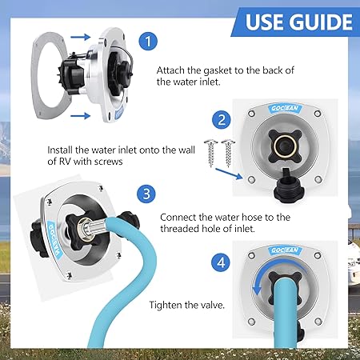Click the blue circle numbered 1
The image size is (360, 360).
[x=148, y=41]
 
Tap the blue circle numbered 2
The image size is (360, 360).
[x=222, y=120]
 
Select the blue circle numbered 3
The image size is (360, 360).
[x=146, y=194]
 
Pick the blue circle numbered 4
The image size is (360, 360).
[x=221, y=263]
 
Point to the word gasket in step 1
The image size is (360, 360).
[x=218, y=70]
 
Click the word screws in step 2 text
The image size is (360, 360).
[x=110, y=162]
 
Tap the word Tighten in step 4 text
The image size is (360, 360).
[x=165, y=305]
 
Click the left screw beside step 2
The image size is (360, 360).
[x=210, y=153]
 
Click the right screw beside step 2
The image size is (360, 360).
[x=228, y=152]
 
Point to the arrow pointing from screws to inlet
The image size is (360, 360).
[x=229, y=174]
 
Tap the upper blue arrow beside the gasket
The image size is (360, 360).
[x=81, y=37]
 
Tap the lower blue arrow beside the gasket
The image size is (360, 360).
[x=80, y=116]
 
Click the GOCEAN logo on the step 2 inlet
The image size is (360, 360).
[x=285, y=108]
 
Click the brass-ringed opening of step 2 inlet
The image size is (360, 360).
[x=285, y=146]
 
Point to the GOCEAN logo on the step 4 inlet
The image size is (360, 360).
[x=285, y=250]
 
